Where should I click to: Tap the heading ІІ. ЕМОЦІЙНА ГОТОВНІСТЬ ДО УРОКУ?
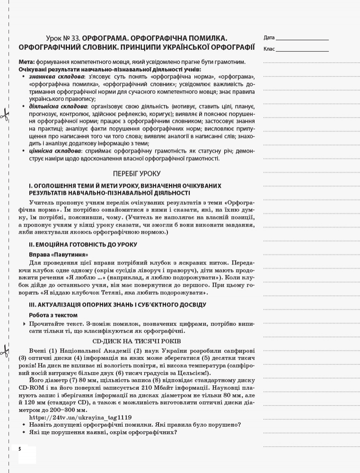click(83, 245)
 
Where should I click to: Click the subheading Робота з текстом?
click(53, 315)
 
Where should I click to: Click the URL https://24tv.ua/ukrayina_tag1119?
click(80, 418)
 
